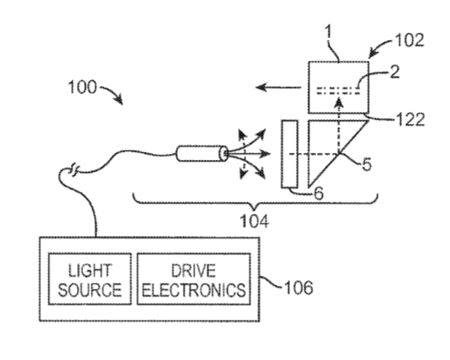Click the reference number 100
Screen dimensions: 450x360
pos(82,87)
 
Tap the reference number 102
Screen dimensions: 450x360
pos(409,40)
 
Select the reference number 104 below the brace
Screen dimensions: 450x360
pos(255,221)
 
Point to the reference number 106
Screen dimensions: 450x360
pos(299,287)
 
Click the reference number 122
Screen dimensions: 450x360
pos(410,119)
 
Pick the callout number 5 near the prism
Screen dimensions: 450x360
pos(367,164)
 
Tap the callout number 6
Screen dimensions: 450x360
pos(319,193)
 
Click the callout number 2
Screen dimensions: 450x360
pos(394,72)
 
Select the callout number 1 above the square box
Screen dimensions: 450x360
pos(329,31)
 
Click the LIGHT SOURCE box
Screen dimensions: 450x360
pos(89,279)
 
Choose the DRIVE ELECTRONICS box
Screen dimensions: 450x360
pos(193,279)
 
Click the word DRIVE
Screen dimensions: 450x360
pos(193,271)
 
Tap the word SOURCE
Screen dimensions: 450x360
pos(89,290)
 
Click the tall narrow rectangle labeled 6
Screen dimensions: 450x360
pos(290,154)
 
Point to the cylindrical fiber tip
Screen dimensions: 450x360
pos(201,153)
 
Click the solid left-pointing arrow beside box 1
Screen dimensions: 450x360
pos(278,87)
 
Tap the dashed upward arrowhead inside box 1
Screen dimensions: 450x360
pos(339,102)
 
